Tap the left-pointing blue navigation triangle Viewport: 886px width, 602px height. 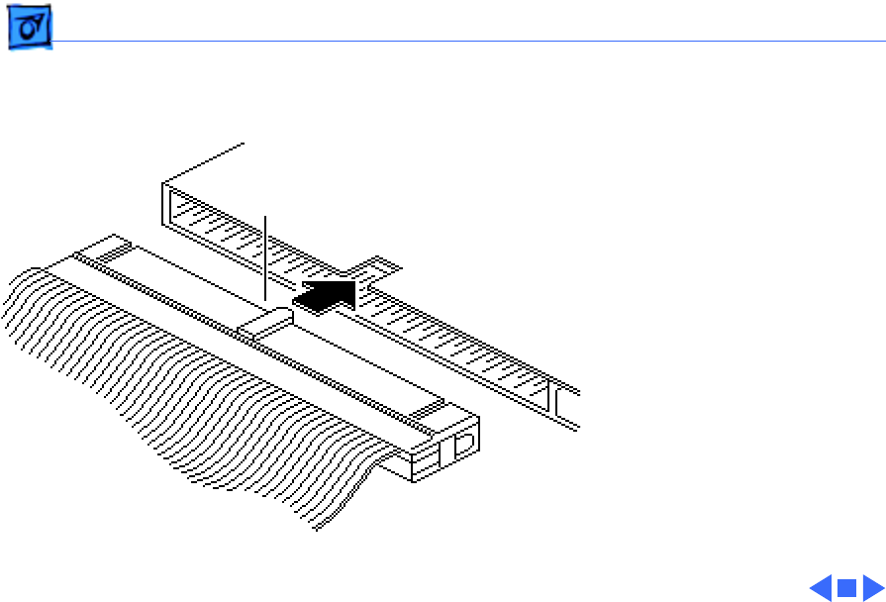point(821,588)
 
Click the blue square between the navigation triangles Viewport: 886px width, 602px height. point(846,588)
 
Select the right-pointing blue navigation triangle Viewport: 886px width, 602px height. point(872,588)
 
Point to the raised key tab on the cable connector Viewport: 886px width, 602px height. point(268,322)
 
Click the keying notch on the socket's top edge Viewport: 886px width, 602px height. point(374,268)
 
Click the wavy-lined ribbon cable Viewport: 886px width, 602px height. point(178,396)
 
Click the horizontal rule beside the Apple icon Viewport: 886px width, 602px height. point(465,42)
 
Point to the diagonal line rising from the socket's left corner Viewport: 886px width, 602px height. point(203,163)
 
